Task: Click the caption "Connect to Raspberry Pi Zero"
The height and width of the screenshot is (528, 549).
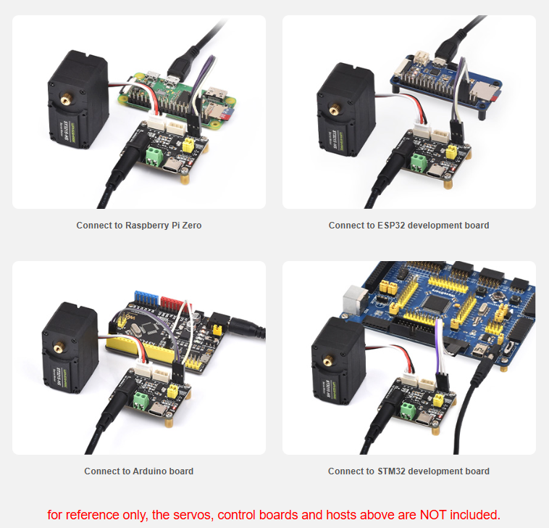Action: click(x=139, y=225)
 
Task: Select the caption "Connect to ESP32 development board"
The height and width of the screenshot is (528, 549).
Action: click(x=408, y=225)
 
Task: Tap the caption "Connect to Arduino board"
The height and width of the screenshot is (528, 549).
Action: click(x=138, y=471)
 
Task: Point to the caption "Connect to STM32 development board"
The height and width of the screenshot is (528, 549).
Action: click(x=408, y=471)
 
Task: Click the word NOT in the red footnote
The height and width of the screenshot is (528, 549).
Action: click(x=433, y=515)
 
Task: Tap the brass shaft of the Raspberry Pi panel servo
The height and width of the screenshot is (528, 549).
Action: click(x=66, y=100)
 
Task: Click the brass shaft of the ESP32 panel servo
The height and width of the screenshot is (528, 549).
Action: click(x=335, y=110)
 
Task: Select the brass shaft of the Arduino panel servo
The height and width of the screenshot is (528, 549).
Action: click(x=58, y=348)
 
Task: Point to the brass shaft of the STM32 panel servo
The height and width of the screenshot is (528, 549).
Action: click(x=328, y=360)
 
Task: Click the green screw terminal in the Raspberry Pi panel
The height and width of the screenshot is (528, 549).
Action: click(x=154, y=156)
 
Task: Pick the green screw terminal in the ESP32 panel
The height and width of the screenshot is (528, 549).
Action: click(x=419, y=163)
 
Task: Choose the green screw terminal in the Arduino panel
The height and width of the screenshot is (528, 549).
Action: click(x=141, y=401)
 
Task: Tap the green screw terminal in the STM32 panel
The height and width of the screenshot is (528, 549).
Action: click(x=408, y=411)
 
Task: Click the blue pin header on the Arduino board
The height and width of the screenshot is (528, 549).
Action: click(x=146, y=298)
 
